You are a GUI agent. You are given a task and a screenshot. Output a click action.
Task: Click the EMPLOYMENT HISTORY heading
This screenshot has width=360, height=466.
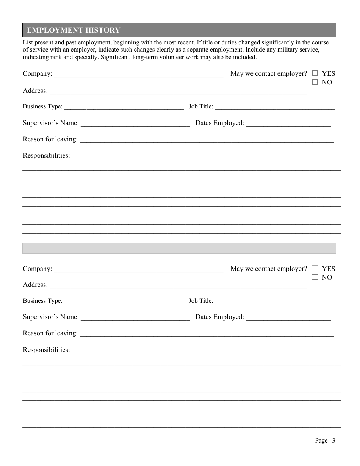(74, 30)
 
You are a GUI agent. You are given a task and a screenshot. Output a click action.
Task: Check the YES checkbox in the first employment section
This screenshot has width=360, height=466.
(315, 73)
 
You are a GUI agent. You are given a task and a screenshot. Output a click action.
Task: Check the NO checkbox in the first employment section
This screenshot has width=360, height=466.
(315, 82)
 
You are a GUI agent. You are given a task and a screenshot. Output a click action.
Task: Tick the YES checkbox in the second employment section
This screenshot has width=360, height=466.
(315, 268)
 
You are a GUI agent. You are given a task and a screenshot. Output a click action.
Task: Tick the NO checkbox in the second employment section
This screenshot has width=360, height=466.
(315, 277)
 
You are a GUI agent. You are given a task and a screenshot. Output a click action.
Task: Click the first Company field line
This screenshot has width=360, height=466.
(139, 74)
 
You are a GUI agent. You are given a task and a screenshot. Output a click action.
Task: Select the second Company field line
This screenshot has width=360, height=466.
(139, 269)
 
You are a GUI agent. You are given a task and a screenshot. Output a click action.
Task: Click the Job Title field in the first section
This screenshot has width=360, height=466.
(275, 107)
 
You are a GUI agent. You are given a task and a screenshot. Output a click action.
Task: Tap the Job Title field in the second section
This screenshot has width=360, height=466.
(275, 302)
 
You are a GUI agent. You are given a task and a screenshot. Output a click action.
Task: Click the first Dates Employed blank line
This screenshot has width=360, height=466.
(288, 124)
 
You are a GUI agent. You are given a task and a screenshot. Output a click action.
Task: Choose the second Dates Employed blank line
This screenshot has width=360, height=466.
(288, 317)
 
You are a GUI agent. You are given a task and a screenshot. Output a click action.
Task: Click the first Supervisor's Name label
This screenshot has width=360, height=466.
(51, 123)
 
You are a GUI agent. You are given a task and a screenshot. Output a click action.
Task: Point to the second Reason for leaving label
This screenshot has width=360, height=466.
(50, 333)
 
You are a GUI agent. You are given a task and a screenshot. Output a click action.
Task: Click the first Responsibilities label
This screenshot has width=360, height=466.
(46, 155)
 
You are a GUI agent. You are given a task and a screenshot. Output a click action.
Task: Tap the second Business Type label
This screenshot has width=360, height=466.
(42, 301)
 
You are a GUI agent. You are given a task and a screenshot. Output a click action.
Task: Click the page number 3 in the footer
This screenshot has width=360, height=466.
(333, 440)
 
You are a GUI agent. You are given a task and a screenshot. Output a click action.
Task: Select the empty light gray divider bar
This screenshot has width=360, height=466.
(179, 248)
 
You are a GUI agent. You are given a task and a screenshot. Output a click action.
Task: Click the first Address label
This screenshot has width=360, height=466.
(35, 91)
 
